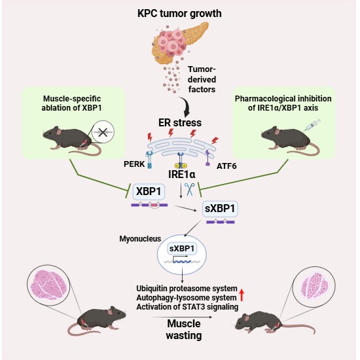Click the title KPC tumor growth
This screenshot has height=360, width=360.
(179, 14)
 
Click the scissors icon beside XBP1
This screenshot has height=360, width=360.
(192, 190)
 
